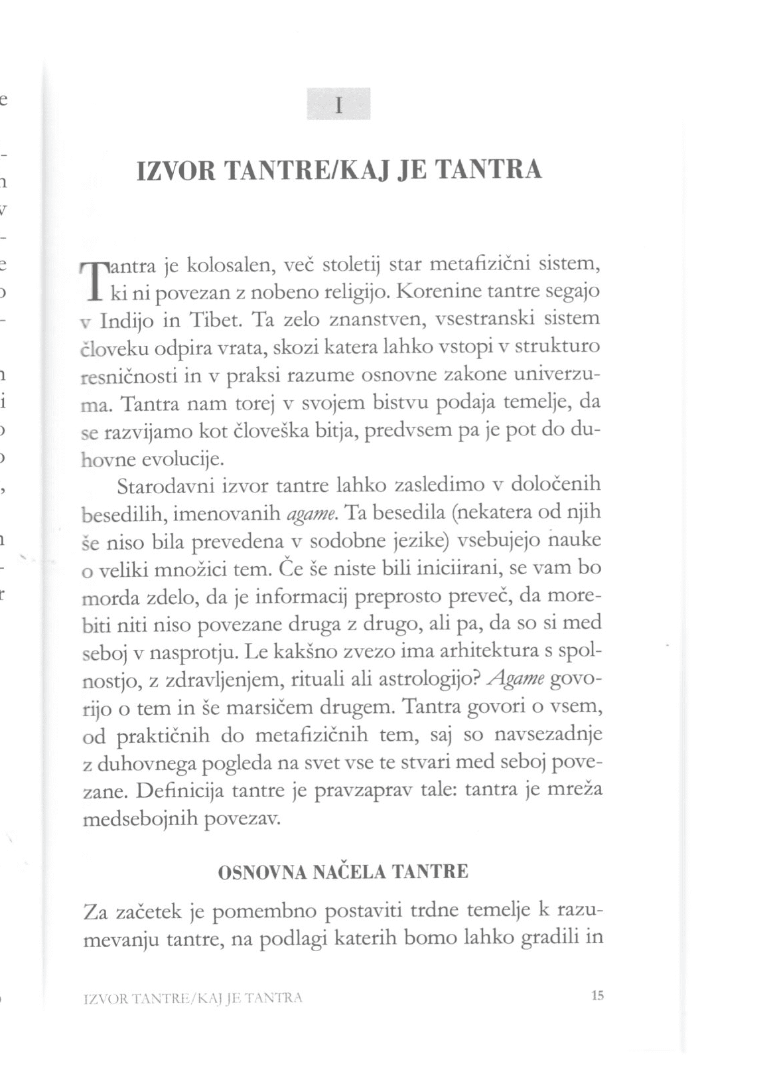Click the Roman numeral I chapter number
click(339, 105)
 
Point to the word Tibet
click(215, 320)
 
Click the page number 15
click(597, 996)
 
